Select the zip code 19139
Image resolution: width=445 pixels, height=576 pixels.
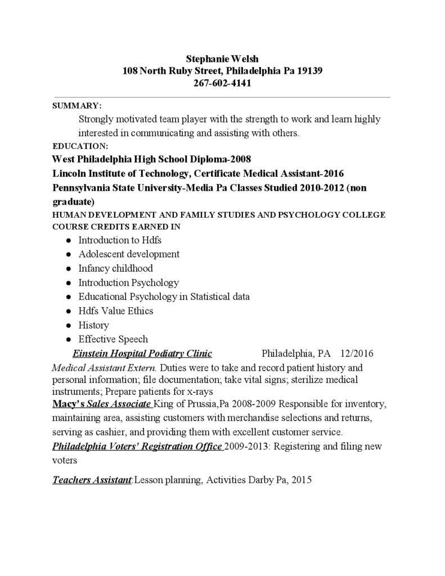306,71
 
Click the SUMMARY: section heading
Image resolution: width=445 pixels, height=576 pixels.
77,105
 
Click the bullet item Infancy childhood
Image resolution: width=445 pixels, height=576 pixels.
115,268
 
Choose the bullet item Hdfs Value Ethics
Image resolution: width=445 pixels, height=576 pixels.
115,310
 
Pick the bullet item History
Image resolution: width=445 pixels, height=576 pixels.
93,325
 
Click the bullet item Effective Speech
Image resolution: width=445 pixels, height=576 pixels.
113,339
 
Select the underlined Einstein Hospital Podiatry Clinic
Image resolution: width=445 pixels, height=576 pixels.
142,354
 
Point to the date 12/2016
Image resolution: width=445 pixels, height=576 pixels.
357,354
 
